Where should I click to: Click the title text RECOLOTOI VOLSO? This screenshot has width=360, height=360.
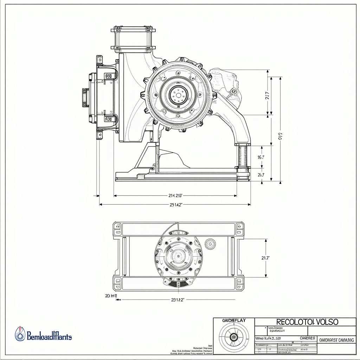[307, 322]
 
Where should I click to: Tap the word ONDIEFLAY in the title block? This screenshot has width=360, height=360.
[234, 321]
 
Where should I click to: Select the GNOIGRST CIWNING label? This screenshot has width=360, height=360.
[336, 340]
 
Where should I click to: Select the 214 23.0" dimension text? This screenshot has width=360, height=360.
[175, 195]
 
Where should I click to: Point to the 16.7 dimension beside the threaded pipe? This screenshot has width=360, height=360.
[261, 157]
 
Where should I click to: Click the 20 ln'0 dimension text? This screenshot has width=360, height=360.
[111, 296]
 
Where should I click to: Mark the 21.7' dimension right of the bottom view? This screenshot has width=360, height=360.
[265, 258]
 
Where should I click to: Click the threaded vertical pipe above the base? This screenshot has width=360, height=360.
[243, 157]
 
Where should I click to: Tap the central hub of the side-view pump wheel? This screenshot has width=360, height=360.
[178, 95]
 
